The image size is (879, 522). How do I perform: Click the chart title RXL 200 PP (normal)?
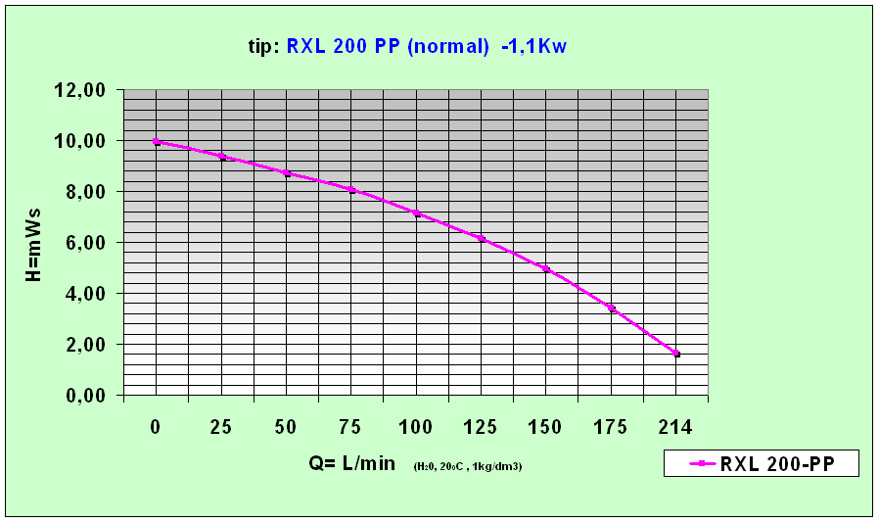coord(388,46)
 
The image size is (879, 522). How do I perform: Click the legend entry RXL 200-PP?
coord(761,463)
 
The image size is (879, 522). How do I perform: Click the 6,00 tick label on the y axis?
coord(86,243)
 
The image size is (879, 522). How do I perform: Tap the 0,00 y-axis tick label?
coord(86,396)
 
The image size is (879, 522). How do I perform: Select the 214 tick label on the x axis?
coord(675,428)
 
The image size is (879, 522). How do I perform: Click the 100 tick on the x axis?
coord(416,428)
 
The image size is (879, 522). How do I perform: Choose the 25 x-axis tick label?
coord(221,428)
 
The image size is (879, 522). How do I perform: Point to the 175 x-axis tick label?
coord(611,428)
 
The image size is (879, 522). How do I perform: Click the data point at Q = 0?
coord(157,142)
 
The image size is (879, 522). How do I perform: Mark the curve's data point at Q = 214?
coord(676,354)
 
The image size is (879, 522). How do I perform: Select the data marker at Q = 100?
coord(416,213)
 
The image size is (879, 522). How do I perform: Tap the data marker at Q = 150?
coord(546,268)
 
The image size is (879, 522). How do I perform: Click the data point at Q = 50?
coord(287,173)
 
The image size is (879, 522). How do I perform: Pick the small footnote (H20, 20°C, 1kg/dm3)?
coord(467,467)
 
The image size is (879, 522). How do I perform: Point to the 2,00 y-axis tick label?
coord(86,345)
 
